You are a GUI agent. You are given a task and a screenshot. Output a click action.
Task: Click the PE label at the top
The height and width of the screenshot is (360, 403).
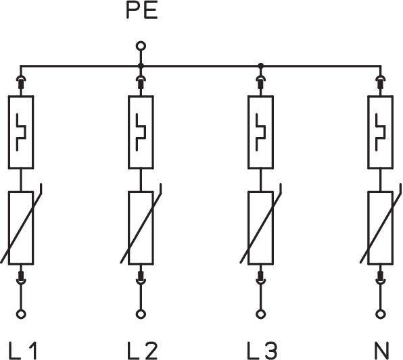pyautogui.click(x=142, y=11)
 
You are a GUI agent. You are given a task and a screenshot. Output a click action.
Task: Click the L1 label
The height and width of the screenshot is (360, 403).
pyautogui.click(x=23, y=351)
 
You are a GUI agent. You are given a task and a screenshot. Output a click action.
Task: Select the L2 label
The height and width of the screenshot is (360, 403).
pyautogui.click(x=142, y=351)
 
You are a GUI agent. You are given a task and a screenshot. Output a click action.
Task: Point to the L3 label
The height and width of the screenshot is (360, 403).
pyautogui.click(x=262, y=351)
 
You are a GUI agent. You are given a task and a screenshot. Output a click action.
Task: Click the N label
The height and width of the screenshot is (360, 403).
pyautogui.click(x=381, y=351)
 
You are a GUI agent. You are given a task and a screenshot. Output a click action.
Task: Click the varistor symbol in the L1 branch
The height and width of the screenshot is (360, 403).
pyautogui.click(x=21, y=228)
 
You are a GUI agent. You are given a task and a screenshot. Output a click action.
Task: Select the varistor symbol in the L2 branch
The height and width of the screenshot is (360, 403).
pyautogui.click(x=141, y=228)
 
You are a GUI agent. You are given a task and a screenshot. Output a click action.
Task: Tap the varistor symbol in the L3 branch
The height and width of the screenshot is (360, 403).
pyautogui.click(x=260, y=228)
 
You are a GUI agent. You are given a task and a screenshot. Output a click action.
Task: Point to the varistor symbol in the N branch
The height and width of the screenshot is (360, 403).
pyautogui.click(x=381, y=228)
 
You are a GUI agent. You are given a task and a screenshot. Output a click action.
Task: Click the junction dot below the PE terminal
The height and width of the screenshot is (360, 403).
pyautogui.click(x=141, y=66)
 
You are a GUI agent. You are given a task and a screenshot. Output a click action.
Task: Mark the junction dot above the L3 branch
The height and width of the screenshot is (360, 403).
pyautogui.click(x=260, y=66)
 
